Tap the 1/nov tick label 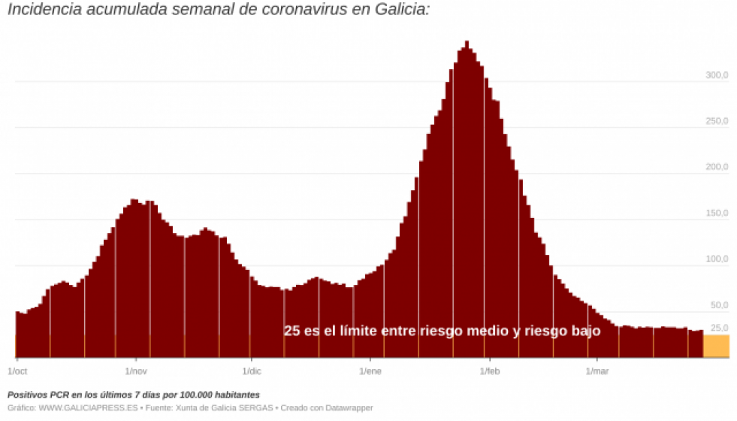click(136, 371)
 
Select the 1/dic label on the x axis click(252, 371)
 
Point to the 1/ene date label click(370, 371)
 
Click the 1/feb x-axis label click(489, 371)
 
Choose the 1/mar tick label click(597, 371)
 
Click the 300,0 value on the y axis click(717, 76)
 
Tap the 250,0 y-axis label click(717, 122)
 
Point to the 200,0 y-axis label click(717, 168)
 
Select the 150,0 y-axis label click(717, 214)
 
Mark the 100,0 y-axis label click(717, 260)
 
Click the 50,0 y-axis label click(719, 306)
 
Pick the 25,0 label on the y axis click(719, 328)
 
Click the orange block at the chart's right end click(716, 346)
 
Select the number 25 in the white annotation click(292, 331)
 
